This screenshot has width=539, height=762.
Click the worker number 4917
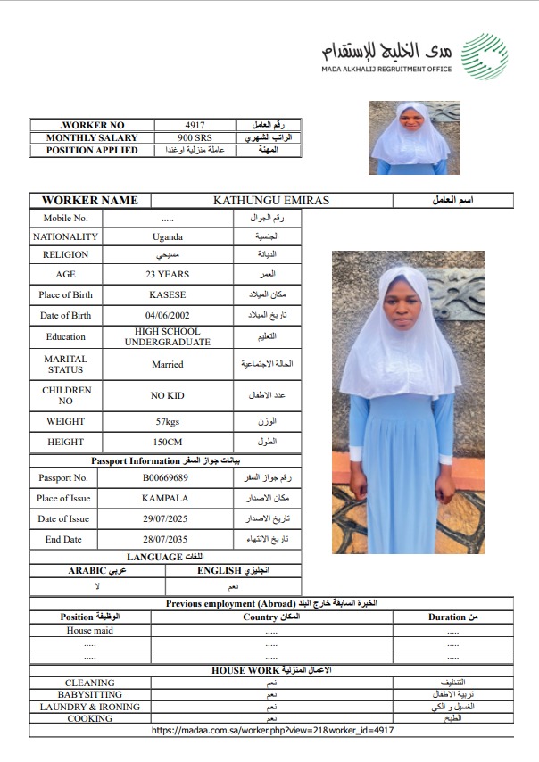click(x=195, y=125)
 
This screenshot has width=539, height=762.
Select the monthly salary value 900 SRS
click(x=195, y=138)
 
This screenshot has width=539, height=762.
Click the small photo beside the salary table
click(x=414, y=137)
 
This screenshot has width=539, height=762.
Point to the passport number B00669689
click(x=166, y=478)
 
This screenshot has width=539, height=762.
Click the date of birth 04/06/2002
click(x=168, y=316)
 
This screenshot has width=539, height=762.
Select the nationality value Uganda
click(x=168, y=237)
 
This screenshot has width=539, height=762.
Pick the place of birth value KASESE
click(x=168, y=295)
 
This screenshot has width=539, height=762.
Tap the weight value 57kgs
click(x=168, y=421)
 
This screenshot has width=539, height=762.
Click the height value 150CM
click(x=168, y=443)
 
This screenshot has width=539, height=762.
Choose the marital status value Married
click(x=168, y=364)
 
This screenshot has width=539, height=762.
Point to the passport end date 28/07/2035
click(x=166, y=540)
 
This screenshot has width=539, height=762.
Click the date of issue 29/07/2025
click(x=166, y=519)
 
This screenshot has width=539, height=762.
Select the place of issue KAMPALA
click(x=166, y=499)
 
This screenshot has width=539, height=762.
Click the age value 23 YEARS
click(x=168, y=275)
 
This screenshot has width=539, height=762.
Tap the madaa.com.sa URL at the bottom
click(x=273, y=730)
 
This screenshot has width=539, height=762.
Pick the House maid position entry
click(x=89, y=631)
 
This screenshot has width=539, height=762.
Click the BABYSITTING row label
click(x=89, y=694)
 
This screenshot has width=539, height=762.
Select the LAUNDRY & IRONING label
click(x=89, y=707)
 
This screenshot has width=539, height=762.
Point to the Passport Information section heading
click(x=166, y=460)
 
